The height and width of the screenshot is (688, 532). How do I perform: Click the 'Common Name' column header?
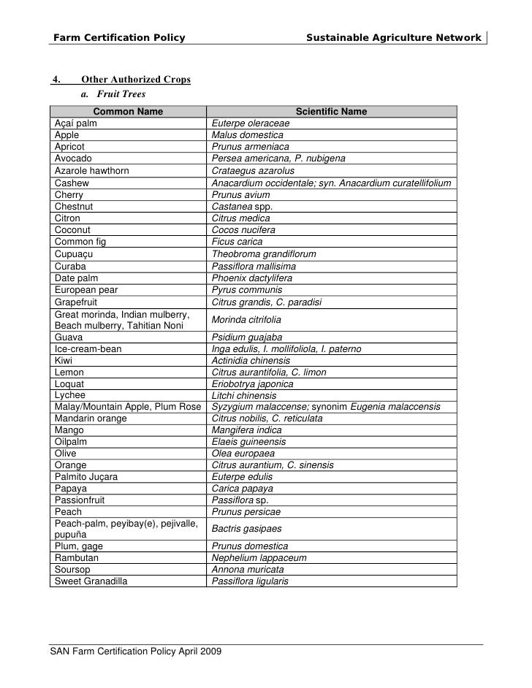(128, 112)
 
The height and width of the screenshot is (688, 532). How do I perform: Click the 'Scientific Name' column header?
(331, 112)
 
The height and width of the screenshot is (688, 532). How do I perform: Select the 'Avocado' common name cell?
(73, 158)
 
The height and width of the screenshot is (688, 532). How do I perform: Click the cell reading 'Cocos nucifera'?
(243, 229)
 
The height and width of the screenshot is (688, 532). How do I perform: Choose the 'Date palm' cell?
(77, 278)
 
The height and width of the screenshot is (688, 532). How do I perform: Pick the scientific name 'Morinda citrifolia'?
(246, 320)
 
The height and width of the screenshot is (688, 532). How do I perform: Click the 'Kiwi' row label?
(64, 361)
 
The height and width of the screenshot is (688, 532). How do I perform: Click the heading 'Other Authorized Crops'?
(136, 80)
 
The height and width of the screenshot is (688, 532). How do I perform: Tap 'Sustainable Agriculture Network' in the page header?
(393, 37)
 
